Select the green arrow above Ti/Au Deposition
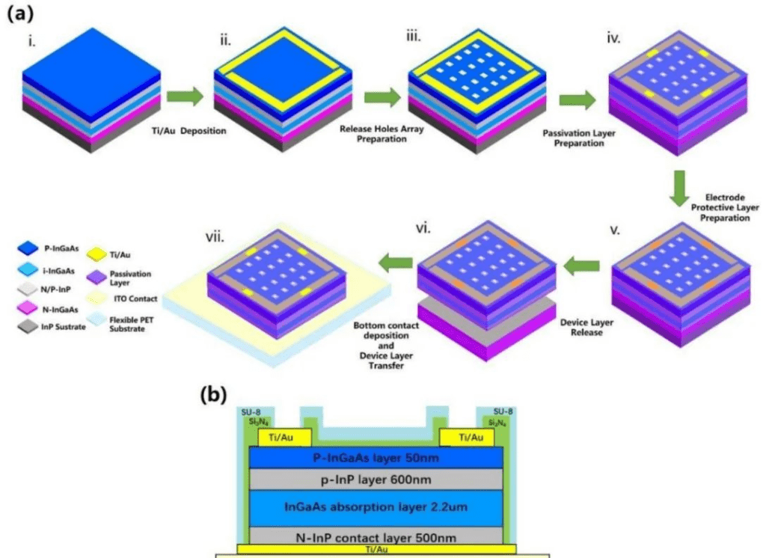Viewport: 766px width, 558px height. click(x=185, y=96)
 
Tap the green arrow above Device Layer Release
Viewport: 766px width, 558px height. click(x=581, y=266)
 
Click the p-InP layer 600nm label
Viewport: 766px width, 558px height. click(x=376, y=479)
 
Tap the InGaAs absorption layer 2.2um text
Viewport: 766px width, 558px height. click(x=376, y=508)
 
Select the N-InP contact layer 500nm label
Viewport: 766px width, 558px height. click(x=376, y=536)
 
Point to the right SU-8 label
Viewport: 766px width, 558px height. click(x=503, y=412)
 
